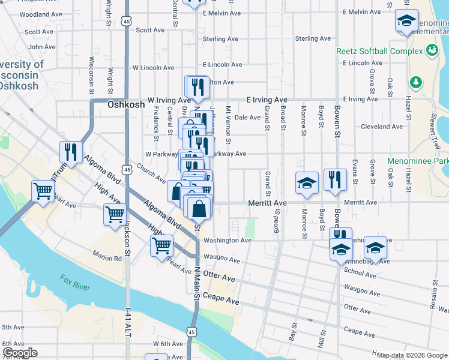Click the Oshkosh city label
[126, 104]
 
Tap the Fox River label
[74, 282]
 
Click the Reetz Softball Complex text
[379, 51]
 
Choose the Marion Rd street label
[108, 259]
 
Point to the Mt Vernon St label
[228, 125]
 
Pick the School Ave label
[360, 271]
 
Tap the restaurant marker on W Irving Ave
[196, 88]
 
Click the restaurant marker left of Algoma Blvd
[71, 152]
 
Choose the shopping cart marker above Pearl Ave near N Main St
[161, 245]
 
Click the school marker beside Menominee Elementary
[406, 23]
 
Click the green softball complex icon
[432, 51]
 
